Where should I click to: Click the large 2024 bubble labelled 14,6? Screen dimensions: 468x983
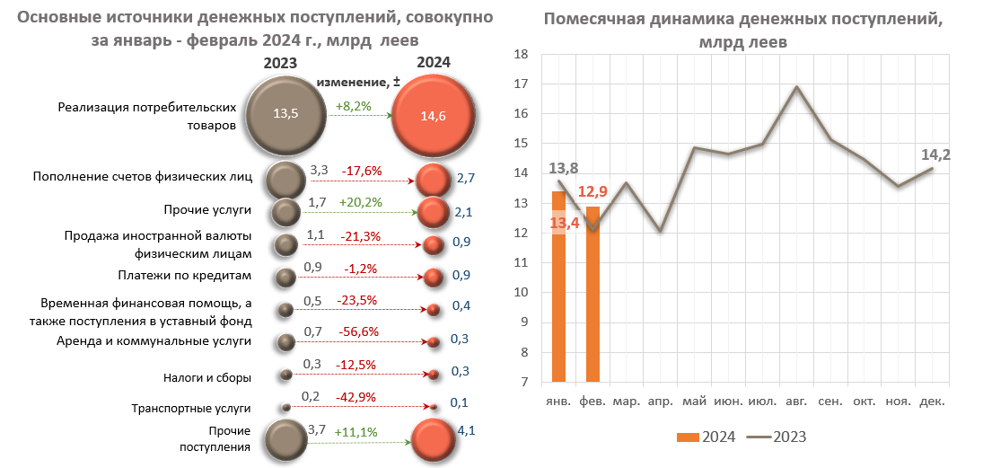(x=434, y=115)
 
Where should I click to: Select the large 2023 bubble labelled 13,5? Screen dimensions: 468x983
(x=285, y=113)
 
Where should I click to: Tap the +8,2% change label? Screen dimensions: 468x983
(x=353, y=106)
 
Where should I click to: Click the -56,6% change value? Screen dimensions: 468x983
(x=359, y=331)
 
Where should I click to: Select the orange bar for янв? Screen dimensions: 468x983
(x=558, y=287)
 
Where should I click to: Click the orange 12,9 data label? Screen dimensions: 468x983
(x=593, y=191)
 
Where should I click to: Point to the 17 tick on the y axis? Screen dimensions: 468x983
(x=519, y=84)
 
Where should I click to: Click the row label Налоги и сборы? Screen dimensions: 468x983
(x=207, y=377)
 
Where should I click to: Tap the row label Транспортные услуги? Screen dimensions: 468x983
(x=191, y=408)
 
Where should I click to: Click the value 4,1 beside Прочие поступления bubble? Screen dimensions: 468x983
(x=466, y=430)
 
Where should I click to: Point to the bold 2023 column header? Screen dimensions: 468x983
(x=281, y=63)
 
